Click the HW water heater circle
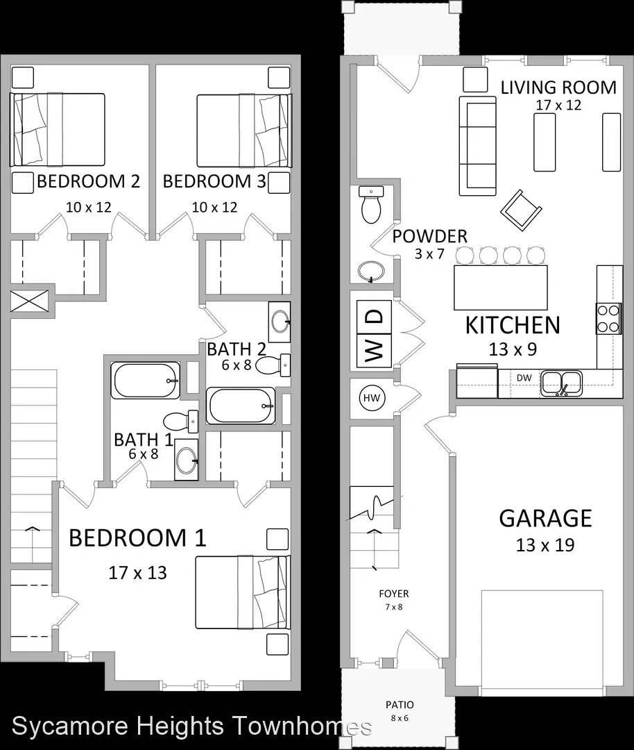click(x=372, y=398)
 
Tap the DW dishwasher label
click(x=524, y=377)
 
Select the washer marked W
click(x=374, y=351)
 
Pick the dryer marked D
click(x=374, y=317)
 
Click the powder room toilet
click(x=371, y=205)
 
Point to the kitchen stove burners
click(x=608, y=318)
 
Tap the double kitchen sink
click(x=561, y=383)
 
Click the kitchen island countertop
click(x=501, y=288)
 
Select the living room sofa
click(x=477, y=146)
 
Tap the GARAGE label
click(x=546, y=518)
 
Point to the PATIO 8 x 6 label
click(x=400, y=711)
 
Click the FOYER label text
click(x=394, y=594)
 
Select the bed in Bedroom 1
click(x=243, y=592)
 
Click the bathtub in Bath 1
click(x=146, y=381)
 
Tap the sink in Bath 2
click(x=279, y=322)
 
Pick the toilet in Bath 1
click(x=180, y=422)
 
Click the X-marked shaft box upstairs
click(x=30, y=301)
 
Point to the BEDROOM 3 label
click(x=214, y=181)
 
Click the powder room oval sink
click(x=370, y=272)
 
